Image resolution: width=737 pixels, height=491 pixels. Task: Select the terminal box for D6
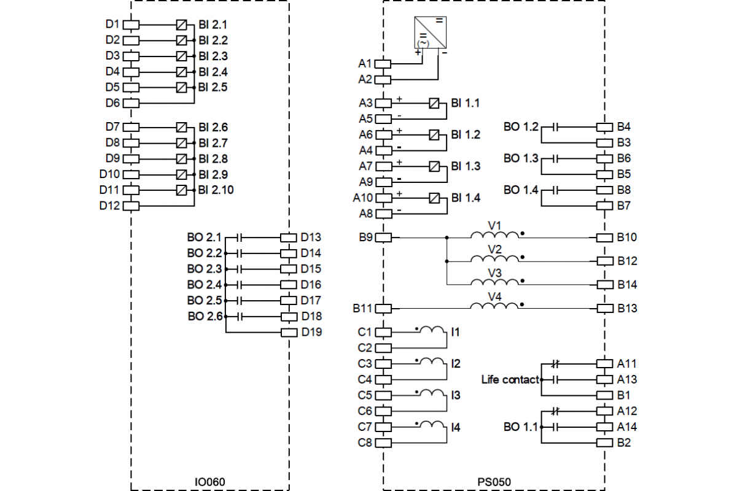pos(131,102)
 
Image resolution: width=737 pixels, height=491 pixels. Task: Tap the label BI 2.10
pos(216,190)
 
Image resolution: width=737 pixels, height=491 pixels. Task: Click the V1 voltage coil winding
pos(494,236)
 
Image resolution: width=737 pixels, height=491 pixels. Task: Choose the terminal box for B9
pos(383,238)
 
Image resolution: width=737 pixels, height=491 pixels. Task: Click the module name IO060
pos(209,482)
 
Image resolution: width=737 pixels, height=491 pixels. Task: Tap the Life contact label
pos(510,380)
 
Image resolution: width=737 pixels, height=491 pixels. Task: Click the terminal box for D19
pos(289,333)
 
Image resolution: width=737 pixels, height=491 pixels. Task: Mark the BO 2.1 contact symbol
pos(240,238)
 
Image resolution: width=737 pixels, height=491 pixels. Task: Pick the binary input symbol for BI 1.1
pos(435,102)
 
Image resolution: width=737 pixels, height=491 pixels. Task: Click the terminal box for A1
pos(383,63)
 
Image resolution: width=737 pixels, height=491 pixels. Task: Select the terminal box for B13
pos(605,308)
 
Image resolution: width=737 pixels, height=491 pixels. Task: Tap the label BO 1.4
pos(520,190)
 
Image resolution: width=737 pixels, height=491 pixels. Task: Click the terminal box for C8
pos(383,442)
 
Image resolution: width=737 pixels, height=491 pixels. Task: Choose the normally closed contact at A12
pos(556,411)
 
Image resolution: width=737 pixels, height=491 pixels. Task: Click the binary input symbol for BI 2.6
pos(182,127)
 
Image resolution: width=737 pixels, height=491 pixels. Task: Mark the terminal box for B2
pos(605,443)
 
